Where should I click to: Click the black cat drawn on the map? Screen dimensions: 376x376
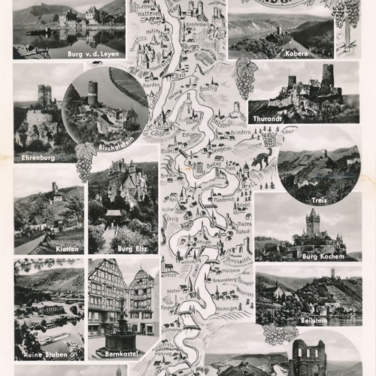(x=261, y=159)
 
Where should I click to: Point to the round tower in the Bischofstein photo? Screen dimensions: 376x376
(x=93, y=93)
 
